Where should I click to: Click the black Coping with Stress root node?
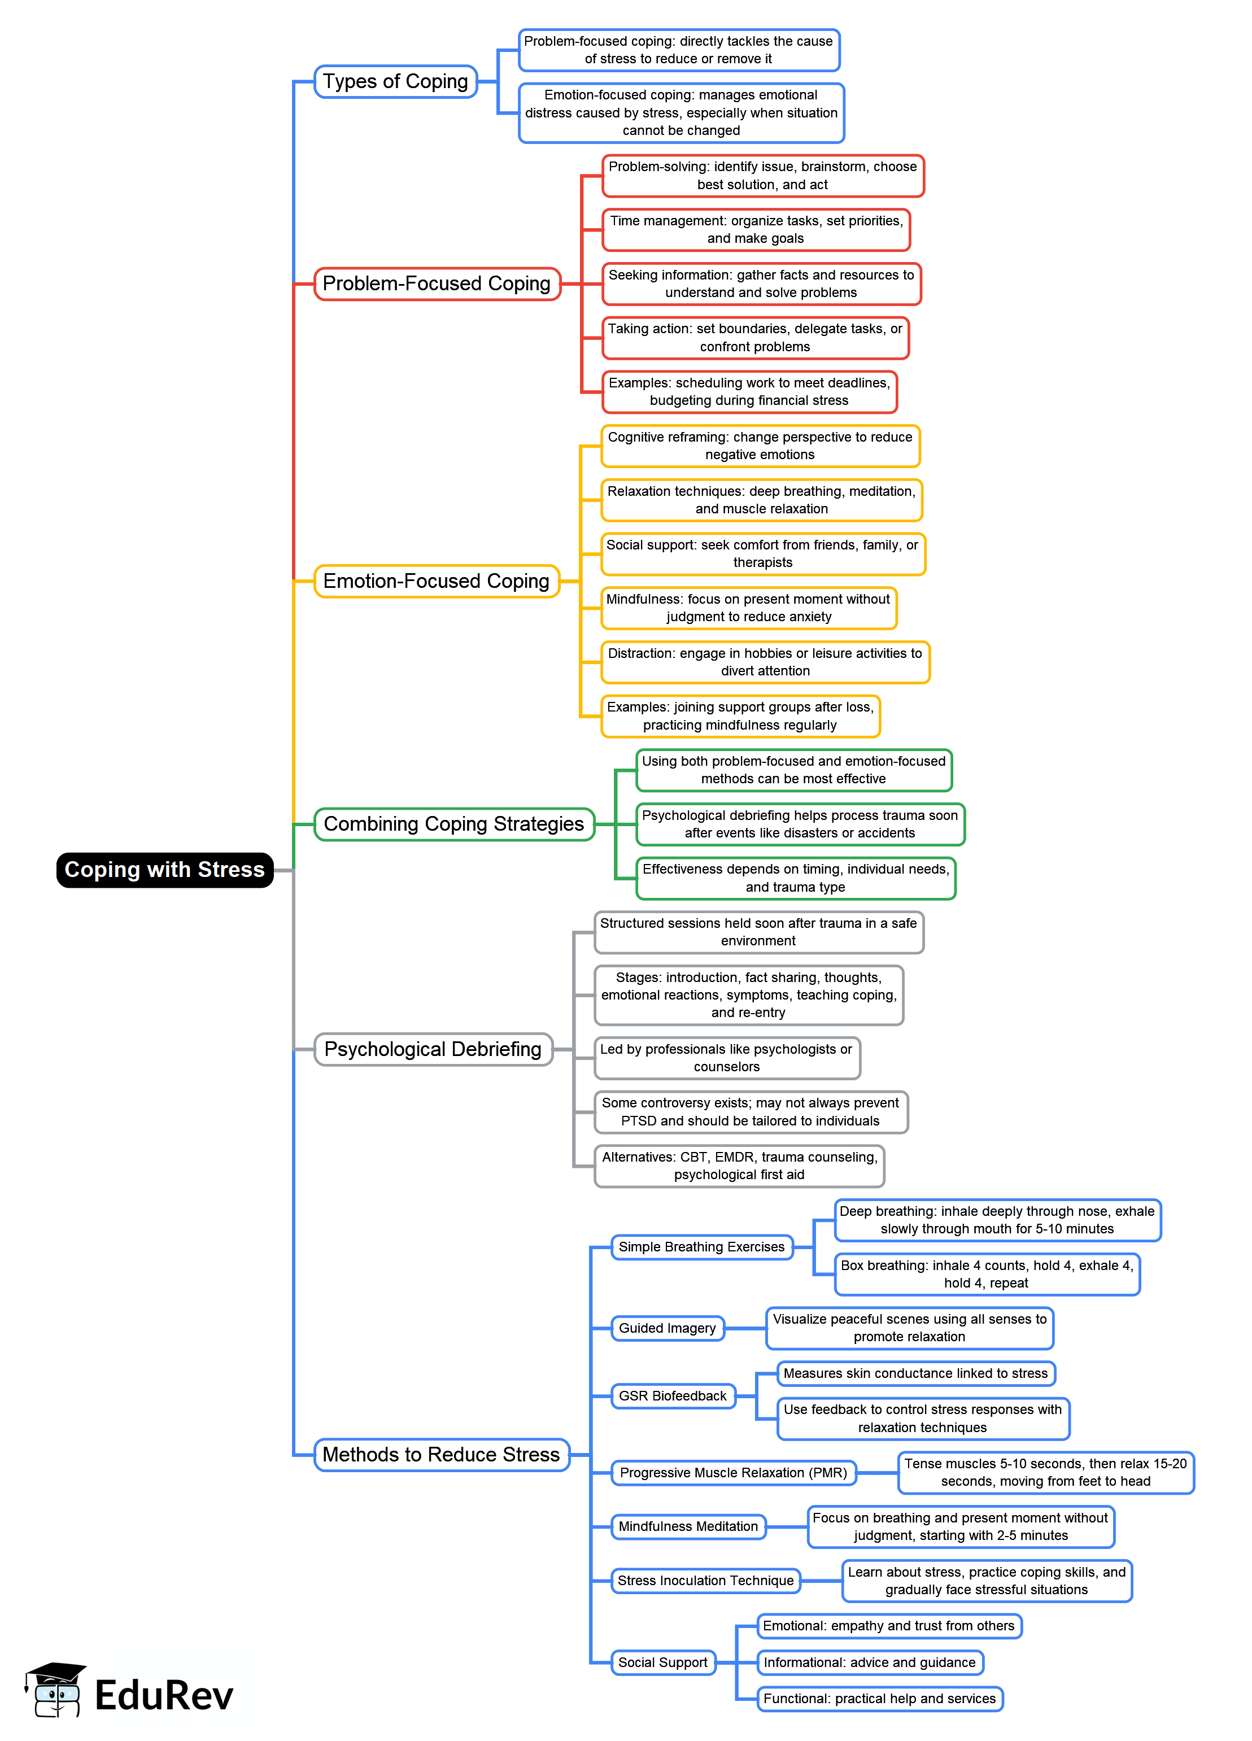pyautogui.click(x=164, y=870)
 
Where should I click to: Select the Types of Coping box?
pyautogui.click(x=395, y=81)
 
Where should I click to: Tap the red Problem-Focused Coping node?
pyautogui.click(x=437, y=283)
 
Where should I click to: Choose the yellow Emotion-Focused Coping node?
pyautogui.click(x=436, y=581)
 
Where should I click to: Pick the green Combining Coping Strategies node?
pyautogui.click(x=453, y=824)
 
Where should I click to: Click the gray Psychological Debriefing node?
pyautogui.click(x=433, y=1049)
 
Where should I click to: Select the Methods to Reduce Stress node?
pyautogui.click(x=442, y=1454)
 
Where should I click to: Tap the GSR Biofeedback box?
pyautogui.click(x=673, y=1395)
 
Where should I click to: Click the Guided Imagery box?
pyautogui.click(x=667, y=1328)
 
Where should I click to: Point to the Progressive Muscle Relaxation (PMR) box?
pyautogui.click(x=733, y=1472)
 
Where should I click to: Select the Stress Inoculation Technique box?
pyautogui.click(x=705, y=1581)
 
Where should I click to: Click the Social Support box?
pyautogui.click(x=662, y=1662)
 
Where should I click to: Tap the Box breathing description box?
pyautogui.click(x=987, y=1275)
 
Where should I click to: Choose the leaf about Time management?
pyautogui.click(x=756, y=229)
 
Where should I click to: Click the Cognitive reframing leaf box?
pyautogui.click(x=760, y=446)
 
